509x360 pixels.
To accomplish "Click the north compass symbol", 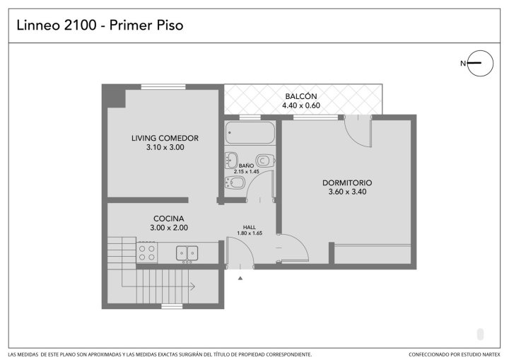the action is point(480,64).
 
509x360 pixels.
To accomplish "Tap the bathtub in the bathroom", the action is point(250,132).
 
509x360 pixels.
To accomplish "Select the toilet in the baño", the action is point(266,161).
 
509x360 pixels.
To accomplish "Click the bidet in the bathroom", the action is point(235,182).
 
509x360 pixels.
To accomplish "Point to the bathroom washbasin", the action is point(231,160).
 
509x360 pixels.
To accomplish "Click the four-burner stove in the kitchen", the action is point(147,252).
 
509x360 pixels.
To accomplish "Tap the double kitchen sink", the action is point(187,254).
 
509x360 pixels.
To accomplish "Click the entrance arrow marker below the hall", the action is point(240,278).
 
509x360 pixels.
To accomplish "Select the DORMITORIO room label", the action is point(347,182).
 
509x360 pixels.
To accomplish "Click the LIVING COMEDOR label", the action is point(165,138).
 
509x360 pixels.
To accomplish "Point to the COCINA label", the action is point(169,219).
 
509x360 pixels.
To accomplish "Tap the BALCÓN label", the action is point(301,96).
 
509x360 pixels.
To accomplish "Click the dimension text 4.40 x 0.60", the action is point(301,105).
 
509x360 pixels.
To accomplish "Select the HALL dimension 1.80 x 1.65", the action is point(250,233).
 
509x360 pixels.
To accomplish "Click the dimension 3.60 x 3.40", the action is point(347,192).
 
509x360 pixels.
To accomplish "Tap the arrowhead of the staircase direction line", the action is point(192,286).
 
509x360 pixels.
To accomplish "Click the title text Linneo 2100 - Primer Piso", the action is point(100,25).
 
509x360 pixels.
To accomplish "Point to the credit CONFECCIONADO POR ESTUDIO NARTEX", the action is point(455,354).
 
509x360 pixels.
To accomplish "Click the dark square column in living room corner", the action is point(116,98).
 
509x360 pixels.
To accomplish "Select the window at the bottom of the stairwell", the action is point(172,306).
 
